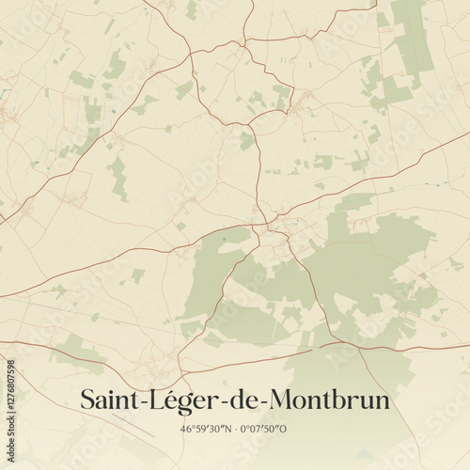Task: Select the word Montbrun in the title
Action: [x=330, y=399]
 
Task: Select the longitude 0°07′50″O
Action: [x=264, y=429]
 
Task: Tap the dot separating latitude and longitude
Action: [x=234, y=429]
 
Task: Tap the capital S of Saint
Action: [x=88, y=399]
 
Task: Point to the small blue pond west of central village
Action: [x=224, y=241]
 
